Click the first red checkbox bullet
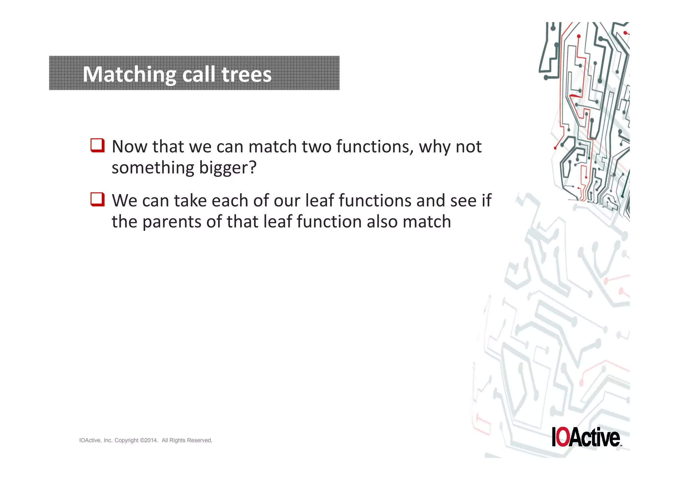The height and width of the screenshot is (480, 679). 97,145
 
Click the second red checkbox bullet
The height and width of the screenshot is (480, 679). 97,199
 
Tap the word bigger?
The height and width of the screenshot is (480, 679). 228,168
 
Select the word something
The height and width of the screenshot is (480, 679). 153,168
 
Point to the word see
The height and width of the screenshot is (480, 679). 463,200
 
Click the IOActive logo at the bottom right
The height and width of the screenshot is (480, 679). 586,437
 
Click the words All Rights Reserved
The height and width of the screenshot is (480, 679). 187,440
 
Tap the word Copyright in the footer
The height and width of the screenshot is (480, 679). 126,440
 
